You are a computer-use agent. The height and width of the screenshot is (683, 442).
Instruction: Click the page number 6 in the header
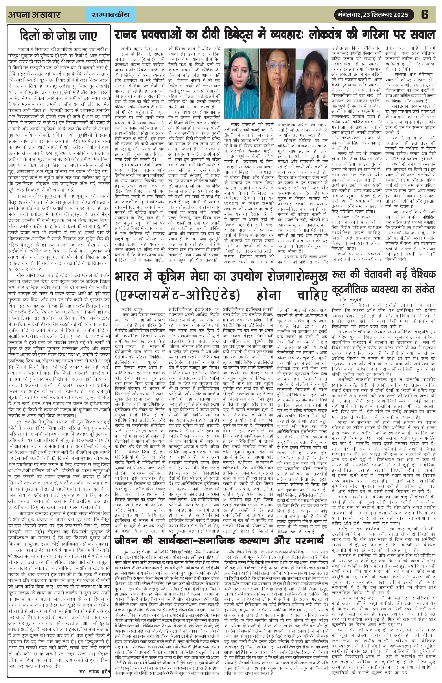click(425, 14)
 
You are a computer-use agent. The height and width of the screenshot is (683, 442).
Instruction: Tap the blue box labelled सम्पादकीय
click(110, 15)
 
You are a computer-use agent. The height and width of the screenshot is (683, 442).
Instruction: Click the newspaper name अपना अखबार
click(34, 15)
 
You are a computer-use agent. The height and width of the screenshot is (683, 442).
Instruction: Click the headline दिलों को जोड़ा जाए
click(59, 36)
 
